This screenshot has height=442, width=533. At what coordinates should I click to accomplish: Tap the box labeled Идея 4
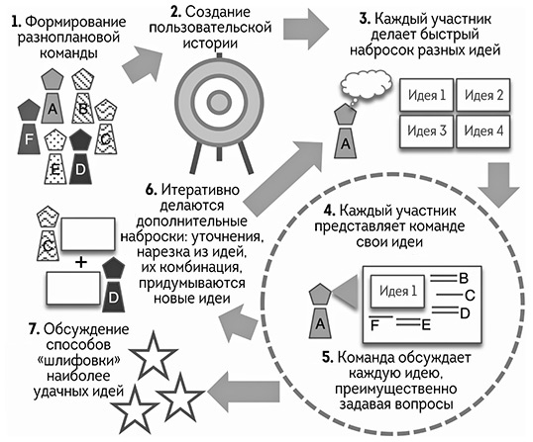point(485,131)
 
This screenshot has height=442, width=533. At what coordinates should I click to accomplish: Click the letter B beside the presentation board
point(463,279)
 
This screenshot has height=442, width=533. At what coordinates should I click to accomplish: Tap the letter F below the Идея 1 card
point(373,323)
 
